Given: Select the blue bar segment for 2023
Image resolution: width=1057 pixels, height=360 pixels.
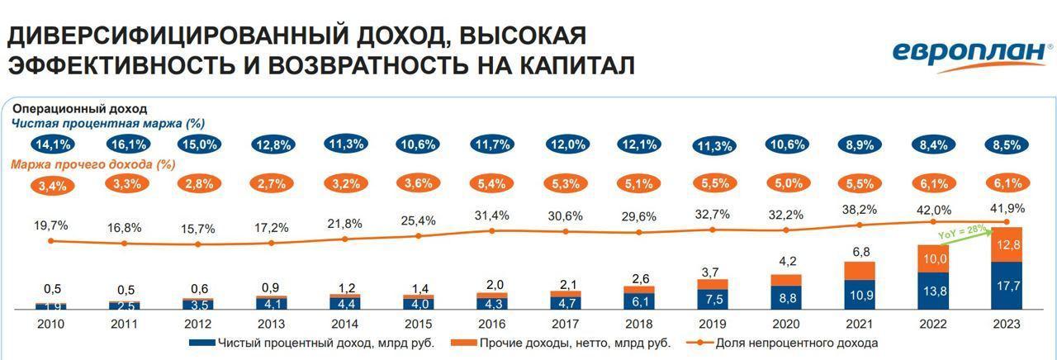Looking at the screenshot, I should [x=1007, y=286].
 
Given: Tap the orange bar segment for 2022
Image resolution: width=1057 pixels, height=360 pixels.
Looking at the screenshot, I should [x=933, y=258].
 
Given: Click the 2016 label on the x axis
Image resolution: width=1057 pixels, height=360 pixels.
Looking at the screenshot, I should [x=491, y=324].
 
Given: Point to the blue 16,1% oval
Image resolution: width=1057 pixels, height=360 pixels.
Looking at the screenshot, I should [x=125, y=144].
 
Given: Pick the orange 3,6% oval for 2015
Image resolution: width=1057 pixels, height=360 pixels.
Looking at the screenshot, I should [x=418, y=183].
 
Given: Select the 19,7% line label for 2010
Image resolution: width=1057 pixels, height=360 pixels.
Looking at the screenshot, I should [x=51, y=225].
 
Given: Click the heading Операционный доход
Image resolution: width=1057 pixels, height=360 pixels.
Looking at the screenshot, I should [x=79, y=108].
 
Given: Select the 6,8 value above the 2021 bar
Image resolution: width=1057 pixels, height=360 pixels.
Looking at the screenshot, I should [x=860, y=251].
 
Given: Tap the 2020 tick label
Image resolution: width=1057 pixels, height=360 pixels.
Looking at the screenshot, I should [x=785, y=324].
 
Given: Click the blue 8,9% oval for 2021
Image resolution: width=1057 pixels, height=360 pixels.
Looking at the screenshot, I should [x=860, y=144].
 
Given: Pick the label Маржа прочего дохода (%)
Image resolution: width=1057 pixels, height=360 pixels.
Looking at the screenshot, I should [x=93, y=164].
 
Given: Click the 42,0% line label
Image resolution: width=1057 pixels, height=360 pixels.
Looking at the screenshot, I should [x=933, y=210].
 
